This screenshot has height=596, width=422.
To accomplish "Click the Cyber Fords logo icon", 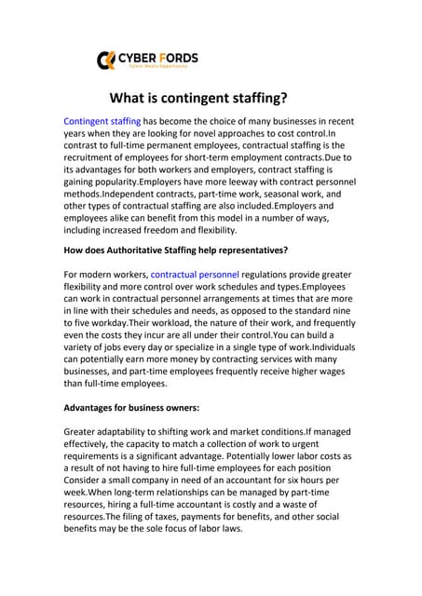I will [106, 61].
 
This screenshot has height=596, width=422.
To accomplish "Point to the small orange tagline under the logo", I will [155, 67].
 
